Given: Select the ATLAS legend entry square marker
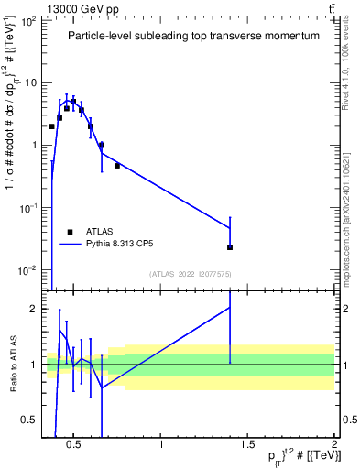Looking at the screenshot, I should pos(69,232).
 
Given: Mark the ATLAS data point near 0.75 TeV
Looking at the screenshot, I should pos(117,166).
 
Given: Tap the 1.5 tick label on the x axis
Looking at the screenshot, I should pos(247,445).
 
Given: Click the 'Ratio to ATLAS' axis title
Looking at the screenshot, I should pos(11,364).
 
